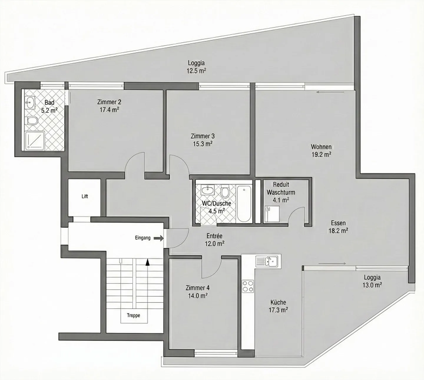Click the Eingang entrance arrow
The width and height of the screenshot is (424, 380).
[159, 238]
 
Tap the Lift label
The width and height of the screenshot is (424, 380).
[85, 196]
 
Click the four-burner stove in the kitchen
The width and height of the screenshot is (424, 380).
[248, 286]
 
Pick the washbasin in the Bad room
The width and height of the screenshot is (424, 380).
[30, 103]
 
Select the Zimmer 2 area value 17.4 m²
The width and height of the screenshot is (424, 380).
[109, 110]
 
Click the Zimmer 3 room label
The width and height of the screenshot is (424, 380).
[203, 136]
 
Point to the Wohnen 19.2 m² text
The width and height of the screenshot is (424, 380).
[321, 150]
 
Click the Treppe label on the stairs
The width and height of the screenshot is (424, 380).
[133, 315]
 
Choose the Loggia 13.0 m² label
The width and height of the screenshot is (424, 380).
[372, 281]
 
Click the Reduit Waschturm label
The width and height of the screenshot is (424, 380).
[281, 188]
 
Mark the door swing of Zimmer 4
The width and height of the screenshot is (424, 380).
[211, 269]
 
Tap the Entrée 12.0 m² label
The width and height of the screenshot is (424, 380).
[214, 240]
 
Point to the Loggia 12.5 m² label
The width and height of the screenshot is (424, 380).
[196, 67]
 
